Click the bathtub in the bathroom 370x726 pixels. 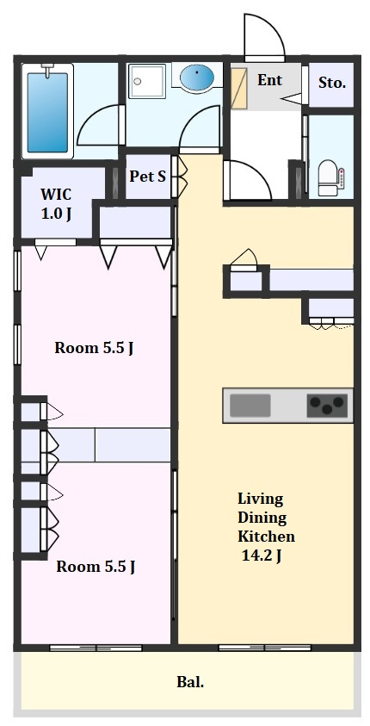[47, 111]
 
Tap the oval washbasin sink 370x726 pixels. [196, 77]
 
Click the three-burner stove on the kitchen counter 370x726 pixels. [327, 406]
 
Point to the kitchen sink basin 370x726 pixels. [250, 406]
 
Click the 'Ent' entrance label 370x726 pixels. [269, 80]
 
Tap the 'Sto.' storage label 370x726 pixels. [332, 84]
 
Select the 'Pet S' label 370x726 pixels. [147, 177]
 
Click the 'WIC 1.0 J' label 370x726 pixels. [56, 204]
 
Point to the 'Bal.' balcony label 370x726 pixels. [190, 681]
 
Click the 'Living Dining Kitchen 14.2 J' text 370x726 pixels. [266, 527]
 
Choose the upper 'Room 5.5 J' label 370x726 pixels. [95, 348]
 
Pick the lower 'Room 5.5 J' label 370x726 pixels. [96, 567]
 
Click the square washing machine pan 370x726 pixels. [146, 81]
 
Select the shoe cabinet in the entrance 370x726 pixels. [239, 89]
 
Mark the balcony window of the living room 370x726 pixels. [264, 648]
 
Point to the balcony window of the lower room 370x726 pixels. [96, 648]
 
